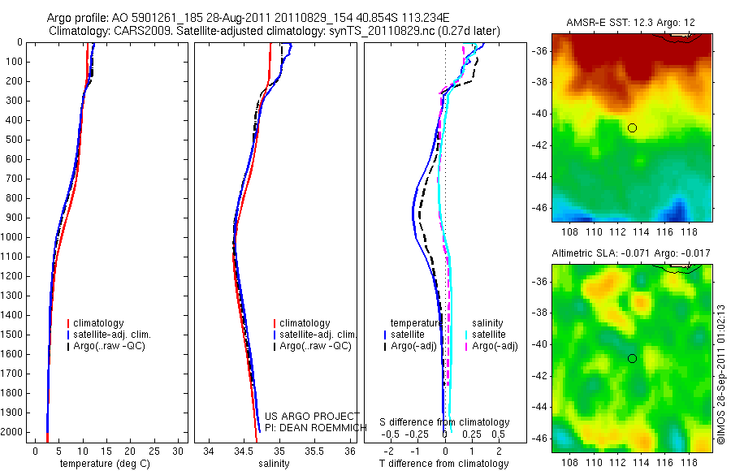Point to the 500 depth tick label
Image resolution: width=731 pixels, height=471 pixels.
12,140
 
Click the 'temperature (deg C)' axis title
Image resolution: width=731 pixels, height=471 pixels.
102,464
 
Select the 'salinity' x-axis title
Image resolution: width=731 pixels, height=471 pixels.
273,464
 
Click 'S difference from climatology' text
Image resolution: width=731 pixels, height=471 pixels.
445,422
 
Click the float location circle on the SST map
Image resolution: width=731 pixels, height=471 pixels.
632,127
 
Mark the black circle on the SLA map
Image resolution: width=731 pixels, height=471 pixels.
632,358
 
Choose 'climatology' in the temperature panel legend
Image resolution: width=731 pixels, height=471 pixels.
98,323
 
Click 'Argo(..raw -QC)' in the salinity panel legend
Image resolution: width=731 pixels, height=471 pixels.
315,346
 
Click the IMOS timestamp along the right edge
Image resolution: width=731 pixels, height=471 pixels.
722,373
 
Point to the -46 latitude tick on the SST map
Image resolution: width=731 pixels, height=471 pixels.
541,208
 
